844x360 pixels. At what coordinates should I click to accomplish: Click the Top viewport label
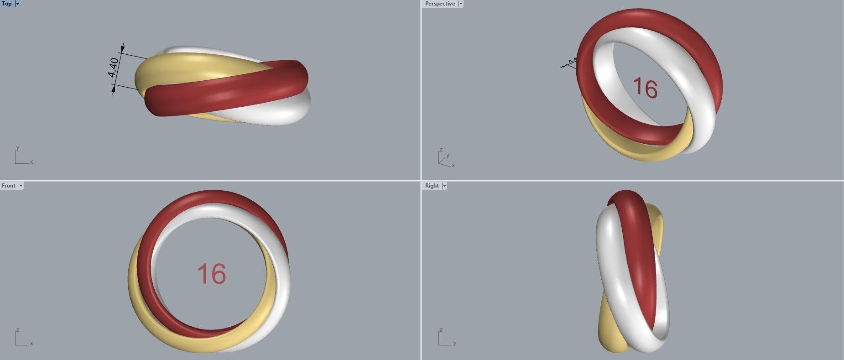pos(7,4)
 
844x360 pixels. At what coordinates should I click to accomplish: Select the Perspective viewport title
pos(440,4)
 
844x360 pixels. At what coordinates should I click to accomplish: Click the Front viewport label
pos(9,186)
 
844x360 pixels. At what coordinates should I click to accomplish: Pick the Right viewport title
pos(432,186)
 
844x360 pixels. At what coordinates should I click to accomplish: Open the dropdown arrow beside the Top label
pos(17,4)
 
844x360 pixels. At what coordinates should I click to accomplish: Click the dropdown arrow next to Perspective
pos(461,4)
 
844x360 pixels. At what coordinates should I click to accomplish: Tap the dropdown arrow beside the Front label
pos(21,186)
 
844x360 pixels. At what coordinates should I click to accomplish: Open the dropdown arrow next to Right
pos(444,186)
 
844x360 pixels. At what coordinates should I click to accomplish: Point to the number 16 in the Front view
pos(211,274)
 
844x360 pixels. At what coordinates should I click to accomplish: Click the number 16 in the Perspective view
pos(645,88)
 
